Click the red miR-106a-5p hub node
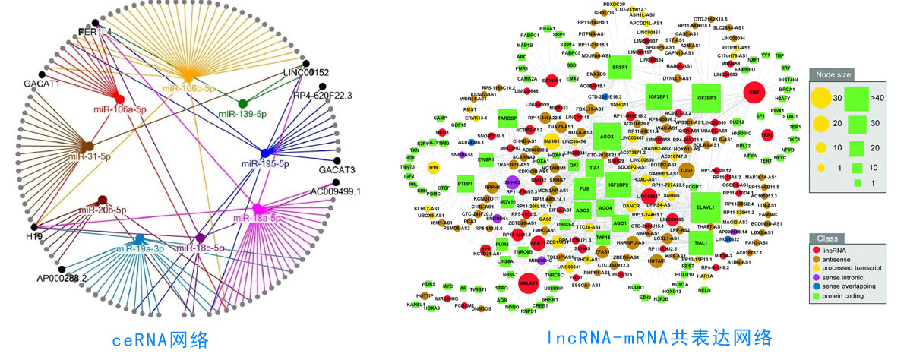tap(119, 99)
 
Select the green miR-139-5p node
tap(242, 103)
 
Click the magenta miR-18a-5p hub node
tap(258, 208)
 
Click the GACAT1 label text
tap(41, 84)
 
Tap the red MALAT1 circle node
tap(528, 283)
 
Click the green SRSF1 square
tap(620, 68)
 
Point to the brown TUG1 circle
tap(686, 171)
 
